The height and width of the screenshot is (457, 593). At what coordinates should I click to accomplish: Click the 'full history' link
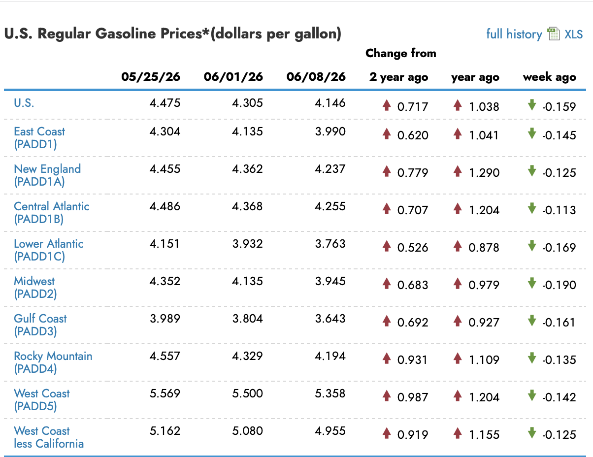point(514,34)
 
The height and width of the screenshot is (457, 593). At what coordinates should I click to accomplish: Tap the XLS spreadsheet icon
point(554,34)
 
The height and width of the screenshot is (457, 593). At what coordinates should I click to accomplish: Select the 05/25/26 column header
point(151,77)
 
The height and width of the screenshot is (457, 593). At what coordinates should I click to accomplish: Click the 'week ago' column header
point(549,77)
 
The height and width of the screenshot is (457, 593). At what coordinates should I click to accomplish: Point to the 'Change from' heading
point(400,53)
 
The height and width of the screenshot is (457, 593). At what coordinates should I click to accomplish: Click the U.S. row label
point(24,103)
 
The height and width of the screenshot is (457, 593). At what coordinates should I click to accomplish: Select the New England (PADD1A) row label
point(47,175)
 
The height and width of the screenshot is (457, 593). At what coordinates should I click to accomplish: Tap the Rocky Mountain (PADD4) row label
point(53,362)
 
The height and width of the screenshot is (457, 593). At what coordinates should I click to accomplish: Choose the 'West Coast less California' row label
point(49,437)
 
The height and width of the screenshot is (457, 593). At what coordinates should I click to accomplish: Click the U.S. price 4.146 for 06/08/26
point(330,103)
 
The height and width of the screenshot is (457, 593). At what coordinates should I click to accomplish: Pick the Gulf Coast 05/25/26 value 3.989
point(165,319)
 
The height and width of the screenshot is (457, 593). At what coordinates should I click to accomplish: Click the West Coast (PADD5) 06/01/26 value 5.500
point(247,393)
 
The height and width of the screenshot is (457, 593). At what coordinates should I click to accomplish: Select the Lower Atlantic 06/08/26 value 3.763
point(330,244)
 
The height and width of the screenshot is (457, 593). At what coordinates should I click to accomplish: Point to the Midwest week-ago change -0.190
point(559,285)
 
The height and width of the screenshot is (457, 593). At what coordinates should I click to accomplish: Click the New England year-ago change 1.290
point(484,173)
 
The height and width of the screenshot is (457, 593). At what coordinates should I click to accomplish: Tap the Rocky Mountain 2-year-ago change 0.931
point(412,360)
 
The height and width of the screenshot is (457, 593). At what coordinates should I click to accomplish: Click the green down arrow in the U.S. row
point(532,105)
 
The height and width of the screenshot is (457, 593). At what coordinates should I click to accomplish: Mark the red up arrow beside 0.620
point(387,133)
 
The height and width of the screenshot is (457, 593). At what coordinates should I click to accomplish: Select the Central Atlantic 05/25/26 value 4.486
point(165,206)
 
